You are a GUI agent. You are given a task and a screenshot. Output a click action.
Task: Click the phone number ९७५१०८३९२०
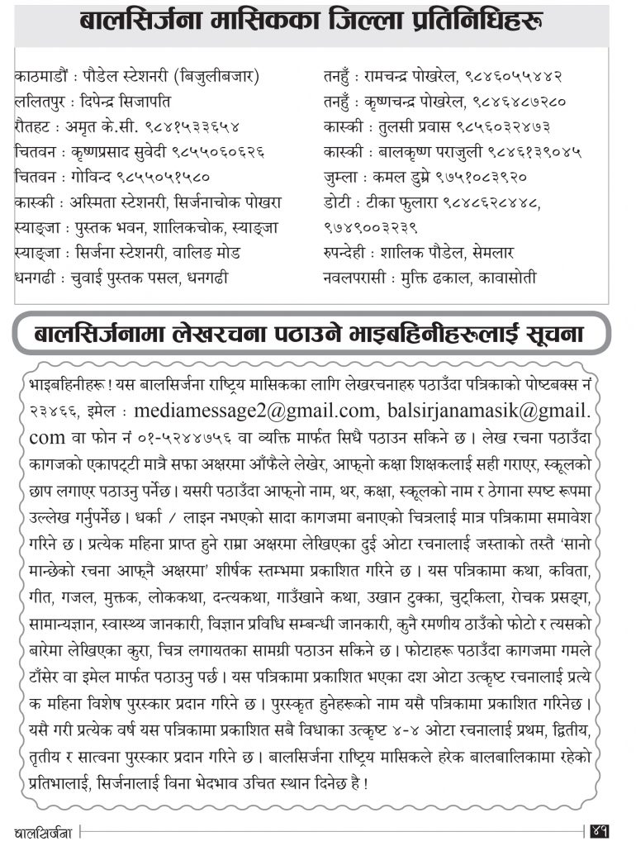480,176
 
